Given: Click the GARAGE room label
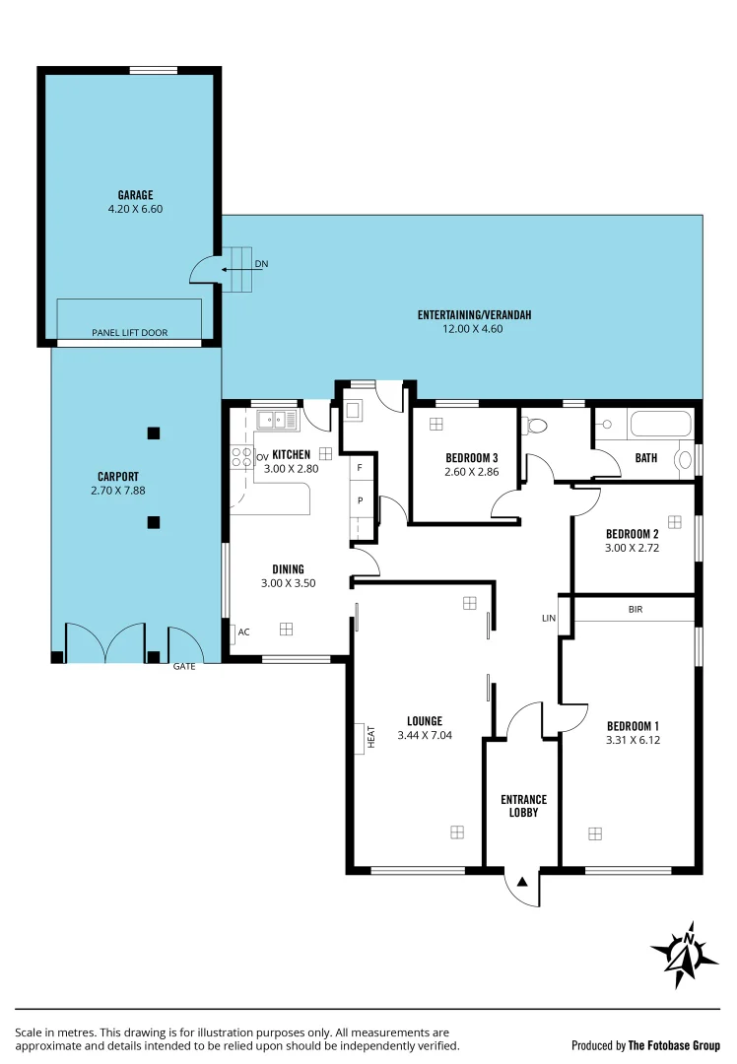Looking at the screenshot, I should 129,195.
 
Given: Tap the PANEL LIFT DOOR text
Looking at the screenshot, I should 129,333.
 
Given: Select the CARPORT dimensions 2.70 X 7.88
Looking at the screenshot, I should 118,490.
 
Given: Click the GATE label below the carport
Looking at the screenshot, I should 184,667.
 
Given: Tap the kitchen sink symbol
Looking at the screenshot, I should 277,421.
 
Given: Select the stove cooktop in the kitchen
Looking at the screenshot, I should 242,457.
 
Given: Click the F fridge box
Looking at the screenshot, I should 361,467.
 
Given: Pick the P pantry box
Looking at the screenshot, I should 361,500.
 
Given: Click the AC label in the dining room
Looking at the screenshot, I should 242,632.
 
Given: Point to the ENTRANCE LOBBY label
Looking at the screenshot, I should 522,806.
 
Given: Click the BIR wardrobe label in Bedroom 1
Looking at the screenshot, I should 635,610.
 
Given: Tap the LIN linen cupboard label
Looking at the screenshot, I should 549,619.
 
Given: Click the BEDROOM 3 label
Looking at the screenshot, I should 471,457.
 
